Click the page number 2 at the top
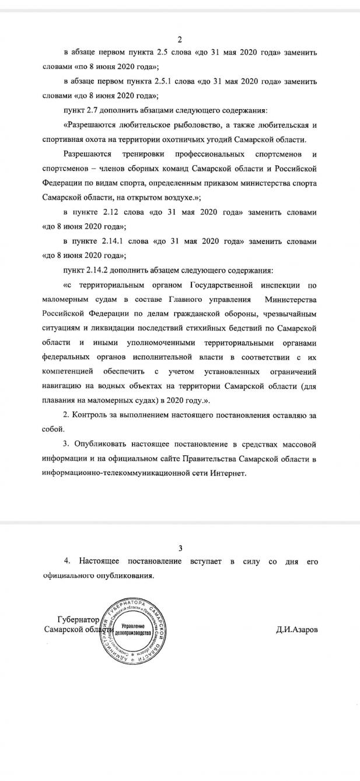pyautogui.click(x=180, y=40)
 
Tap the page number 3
pyautogui.click(x=180, y=548)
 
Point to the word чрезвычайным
pyautogui.click(x=291, y=314)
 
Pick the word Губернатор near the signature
pyautogui.click(x=78, y=619)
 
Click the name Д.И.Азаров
pyautogui.click(x=298, y=630)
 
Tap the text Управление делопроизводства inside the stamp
pyautogui.click(x=134, y=629)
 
